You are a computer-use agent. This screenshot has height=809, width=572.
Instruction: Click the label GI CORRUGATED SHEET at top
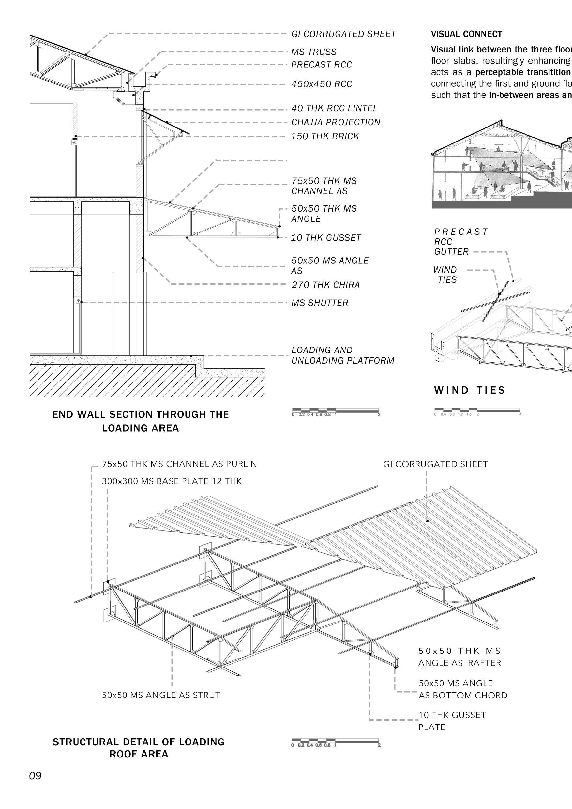click(x=343, y=34)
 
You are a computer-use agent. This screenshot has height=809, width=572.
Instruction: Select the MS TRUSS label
click(x=314, y=52)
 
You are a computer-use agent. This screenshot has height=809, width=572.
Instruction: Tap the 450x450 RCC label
click(x=322, y=84)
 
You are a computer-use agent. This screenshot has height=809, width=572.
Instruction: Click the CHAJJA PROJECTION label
click(x=336, y=122)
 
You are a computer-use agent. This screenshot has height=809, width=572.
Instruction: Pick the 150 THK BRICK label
click(x=324, y=136)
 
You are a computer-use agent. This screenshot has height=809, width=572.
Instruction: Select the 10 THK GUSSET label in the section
click(x=326, y=238)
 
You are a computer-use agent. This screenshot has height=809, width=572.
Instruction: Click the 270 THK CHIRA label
click(x=325, y=285)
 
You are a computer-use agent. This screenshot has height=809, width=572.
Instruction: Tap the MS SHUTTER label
click(x=320, y=303)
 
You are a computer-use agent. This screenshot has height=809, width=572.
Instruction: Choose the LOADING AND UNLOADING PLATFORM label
click(x=342, y=355)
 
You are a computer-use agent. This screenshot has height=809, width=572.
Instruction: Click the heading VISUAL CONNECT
click(x=466, y=34)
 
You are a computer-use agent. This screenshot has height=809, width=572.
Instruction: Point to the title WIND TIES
click(x=470, y=390)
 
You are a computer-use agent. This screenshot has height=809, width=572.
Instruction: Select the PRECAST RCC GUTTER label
click(x=460, y=242)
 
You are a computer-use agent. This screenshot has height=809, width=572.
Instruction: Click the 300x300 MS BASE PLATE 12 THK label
click(x=172, y=481)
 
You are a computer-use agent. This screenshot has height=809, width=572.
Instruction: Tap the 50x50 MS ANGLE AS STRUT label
click(x=161, y=695)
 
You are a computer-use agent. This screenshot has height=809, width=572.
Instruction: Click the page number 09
click(x=35, y=786)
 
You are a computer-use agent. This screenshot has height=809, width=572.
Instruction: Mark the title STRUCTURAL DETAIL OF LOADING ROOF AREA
click(x=139, y=748)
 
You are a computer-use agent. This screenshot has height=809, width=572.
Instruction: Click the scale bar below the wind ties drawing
click(x=477, y=410)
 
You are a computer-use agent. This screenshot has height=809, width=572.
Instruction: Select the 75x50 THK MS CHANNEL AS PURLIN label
click(x=179, y=464)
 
